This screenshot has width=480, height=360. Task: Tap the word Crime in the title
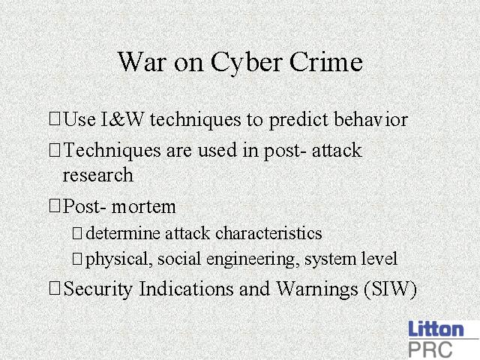click(326, 61)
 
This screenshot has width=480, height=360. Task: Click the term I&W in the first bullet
click(121, 119)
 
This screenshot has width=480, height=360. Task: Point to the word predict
click(298, 120)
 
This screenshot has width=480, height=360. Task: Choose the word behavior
click(371, 118)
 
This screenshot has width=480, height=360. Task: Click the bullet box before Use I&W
click(54, 118)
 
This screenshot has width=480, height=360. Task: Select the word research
click(98, 175)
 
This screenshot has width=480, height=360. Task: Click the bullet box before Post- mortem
click(54, 205)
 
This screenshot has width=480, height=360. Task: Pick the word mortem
click(143, 207)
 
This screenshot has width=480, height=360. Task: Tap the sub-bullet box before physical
click(76, 259)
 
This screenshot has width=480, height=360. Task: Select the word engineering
click(253, 260)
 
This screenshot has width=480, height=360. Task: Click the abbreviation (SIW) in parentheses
click(390, 289)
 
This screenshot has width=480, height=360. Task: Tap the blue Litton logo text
click(436, 329)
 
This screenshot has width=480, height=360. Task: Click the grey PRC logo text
click(430, 349)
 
